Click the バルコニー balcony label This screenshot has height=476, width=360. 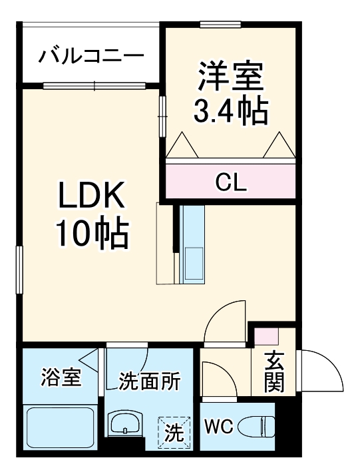(90, 55)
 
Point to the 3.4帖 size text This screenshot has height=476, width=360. (230, 111)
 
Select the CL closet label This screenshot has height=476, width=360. (230, 180)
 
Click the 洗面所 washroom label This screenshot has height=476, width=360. (150, 382)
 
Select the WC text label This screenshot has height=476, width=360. (218, 427)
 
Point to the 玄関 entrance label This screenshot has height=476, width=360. (274, 371)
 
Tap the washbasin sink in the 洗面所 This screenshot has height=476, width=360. (125, 424)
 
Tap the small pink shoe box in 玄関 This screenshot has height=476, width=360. (268, 336)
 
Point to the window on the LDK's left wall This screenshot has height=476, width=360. (20, 270)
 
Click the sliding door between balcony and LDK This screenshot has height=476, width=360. (94, 85)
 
